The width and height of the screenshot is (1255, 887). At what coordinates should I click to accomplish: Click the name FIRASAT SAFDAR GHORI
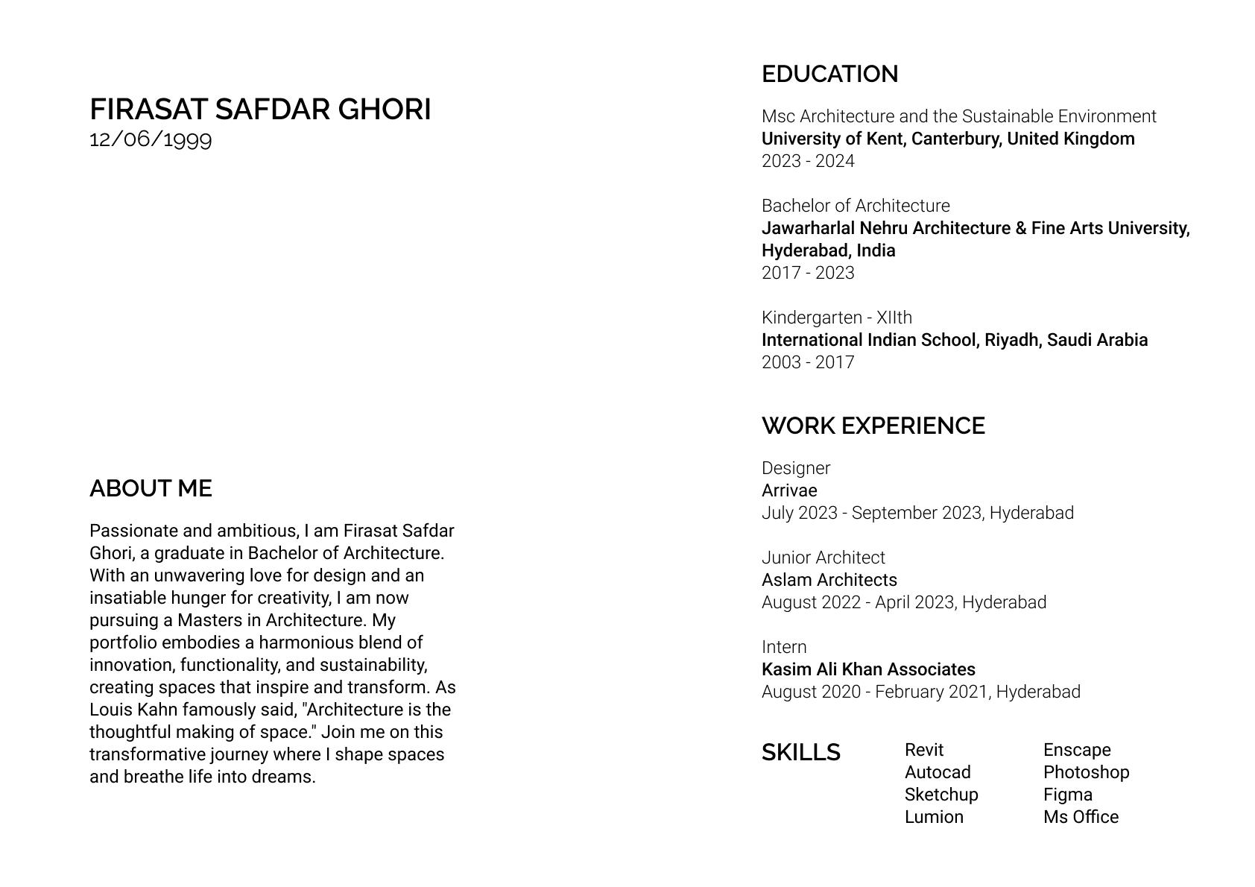pos(260,110)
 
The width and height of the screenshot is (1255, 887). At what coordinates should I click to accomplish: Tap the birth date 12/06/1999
pos(151,139)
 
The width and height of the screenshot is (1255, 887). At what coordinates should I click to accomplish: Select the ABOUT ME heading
pos(151,488)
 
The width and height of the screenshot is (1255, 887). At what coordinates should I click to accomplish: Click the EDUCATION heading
pos(829,74)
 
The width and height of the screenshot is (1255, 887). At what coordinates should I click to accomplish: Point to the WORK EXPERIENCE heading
pos(873,426)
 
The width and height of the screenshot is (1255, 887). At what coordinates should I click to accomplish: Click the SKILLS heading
pos(800,752)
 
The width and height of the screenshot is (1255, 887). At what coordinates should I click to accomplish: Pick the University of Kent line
pos(947,139)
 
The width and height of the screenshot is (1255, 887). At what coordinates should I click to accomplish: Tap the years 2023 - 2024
pos(808,161)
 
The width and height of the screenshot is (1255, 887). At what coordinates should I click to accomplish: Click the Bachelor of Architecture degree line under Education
pos(856,206)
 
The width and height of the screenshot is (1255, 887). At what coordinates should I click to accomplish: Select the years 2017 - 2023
pos(808,273)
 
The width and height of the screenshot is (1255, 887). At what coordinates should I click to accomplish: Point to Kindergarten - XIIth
pos(836,318)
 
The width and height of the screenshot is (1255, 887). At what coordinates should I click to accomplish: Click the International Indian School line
pos(954,340)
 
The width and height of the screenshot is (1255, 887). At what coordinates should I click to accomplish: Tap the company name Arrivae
pos(789,490)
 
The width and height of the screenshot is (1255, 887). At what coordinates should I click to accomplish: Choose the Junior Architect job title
pos(823,558)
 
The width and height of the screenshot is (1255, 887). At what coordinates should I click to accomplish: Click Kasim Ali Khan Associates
pos(868,669)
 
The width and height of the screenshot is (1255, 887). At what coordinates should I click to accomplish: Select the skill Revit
pos(924,750)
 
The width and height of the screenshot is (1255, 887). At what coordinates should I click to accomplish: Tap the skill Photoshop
pos(1086,772)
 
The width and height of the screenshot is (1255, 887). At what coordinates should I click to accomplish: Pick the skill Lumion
pos(934,817)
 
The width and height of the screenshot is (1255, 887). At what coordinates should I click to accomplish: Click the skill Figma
pos(1067,795)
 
